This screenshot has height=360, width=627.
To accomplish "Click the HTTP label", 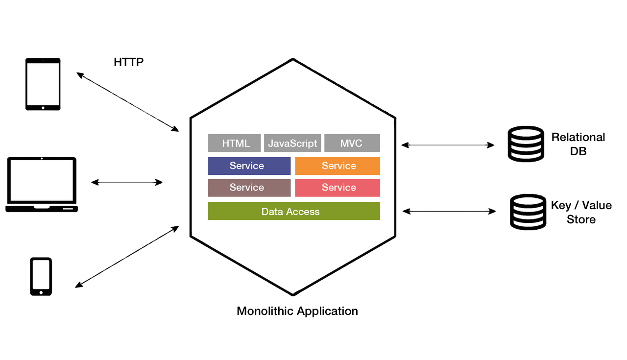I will click(x=128, y=62).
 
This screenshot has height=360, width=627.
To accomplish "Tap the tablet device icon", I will click(x=43, y=84).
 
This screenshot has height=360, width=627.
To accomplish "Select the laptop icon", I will click(x=42, y=185).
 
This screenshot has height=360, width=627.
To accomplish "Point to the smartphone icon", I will click(x=41, y=276).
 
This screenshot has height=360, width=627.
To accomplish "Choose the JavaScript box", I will click(x=292, y=143).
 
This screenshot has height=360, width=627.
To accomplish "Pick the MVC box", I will click(x=351, y=143).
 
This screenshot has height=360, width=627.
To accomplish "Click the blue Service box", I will click(x=249, y=166).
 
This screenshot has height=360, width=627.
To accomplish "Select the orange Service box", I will click(x=338, y=166).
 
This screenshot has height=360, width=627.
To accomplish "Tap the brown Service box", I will click(x=249, y=188).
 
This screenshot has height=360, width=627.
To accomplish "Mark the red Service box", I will click(x=338, y=188).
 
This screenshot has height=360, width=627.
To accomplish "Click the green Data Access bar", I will click(x=294, y=211).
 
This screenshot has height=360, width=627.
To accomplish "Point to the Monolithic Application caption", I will click(x=297, y=311).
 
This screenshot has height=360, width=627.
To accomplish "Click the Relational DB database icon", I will click(x=526, y=144).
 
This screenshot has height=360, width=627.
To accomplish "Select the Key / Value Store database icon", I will click(x=528, y=212).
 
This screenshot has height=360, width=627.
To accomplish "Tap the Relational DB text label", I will click(x=579, y=144).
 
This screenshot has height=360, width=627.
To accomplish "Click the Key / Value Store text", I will click(x=581, y=212).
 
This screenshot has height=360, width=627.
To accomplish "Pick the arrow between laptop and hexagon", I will click(x=127, y=182).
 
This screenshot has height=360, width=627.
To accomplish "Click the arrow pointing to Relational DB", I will click(x=448, y=144).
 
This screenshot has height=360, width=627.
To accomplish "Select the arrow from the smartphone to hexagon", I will click(x=127, y=257).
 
